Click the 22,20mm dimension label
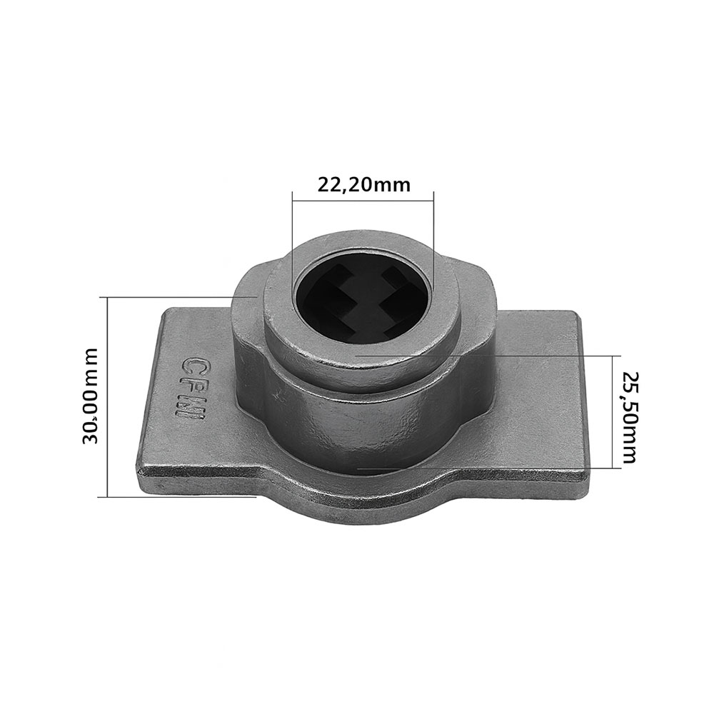[x=363, y=185]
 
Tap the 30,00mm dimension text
[x=91, y=396]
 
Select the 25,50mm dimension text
[x=628, y=417]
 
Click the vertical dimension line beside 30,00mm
[x=107, y=396]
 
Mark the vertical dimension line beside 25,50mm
[x=613, y=411]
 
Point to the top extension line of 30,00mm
[x=178, y=296]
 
